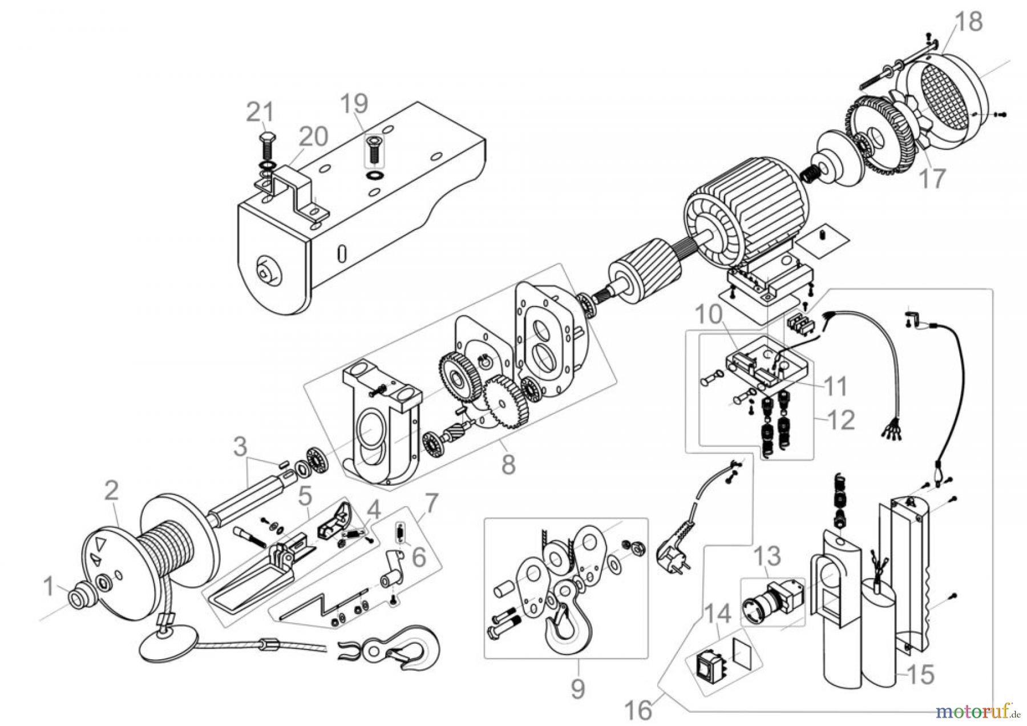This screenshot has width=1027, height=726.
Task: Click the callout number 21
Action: [x=260, y=112]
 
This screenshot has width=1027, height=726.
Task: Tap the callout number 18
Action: [x=968, y=22]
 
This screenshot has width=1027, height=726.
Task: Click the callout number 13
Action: [x=767, y=556]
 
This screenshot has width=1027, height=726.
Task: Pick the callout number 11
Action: [x=836, y=386]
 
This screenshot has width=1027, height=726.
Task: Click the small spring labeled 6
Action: [x=401, y=534]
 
